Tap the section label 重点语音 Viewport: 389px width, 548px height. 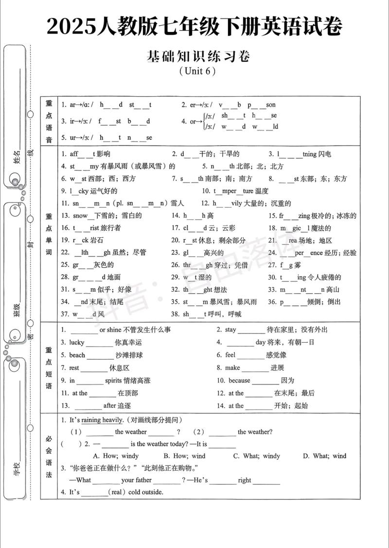(49, 121)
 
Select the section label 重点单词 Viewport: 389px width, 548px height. (49, 233)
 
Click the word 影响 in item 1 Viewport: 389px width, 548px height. (104, 154)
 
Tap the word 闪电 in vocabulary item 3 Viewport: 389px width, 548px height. (324, 154)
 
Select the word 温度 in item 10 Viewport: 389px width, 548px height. (262, 191)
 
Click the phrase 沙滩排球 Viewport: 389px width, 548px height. (129, 355)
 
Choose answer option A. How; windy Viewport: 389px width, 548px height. (116, 456)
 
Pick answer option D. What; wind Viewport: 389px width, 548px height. (325, 456)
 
